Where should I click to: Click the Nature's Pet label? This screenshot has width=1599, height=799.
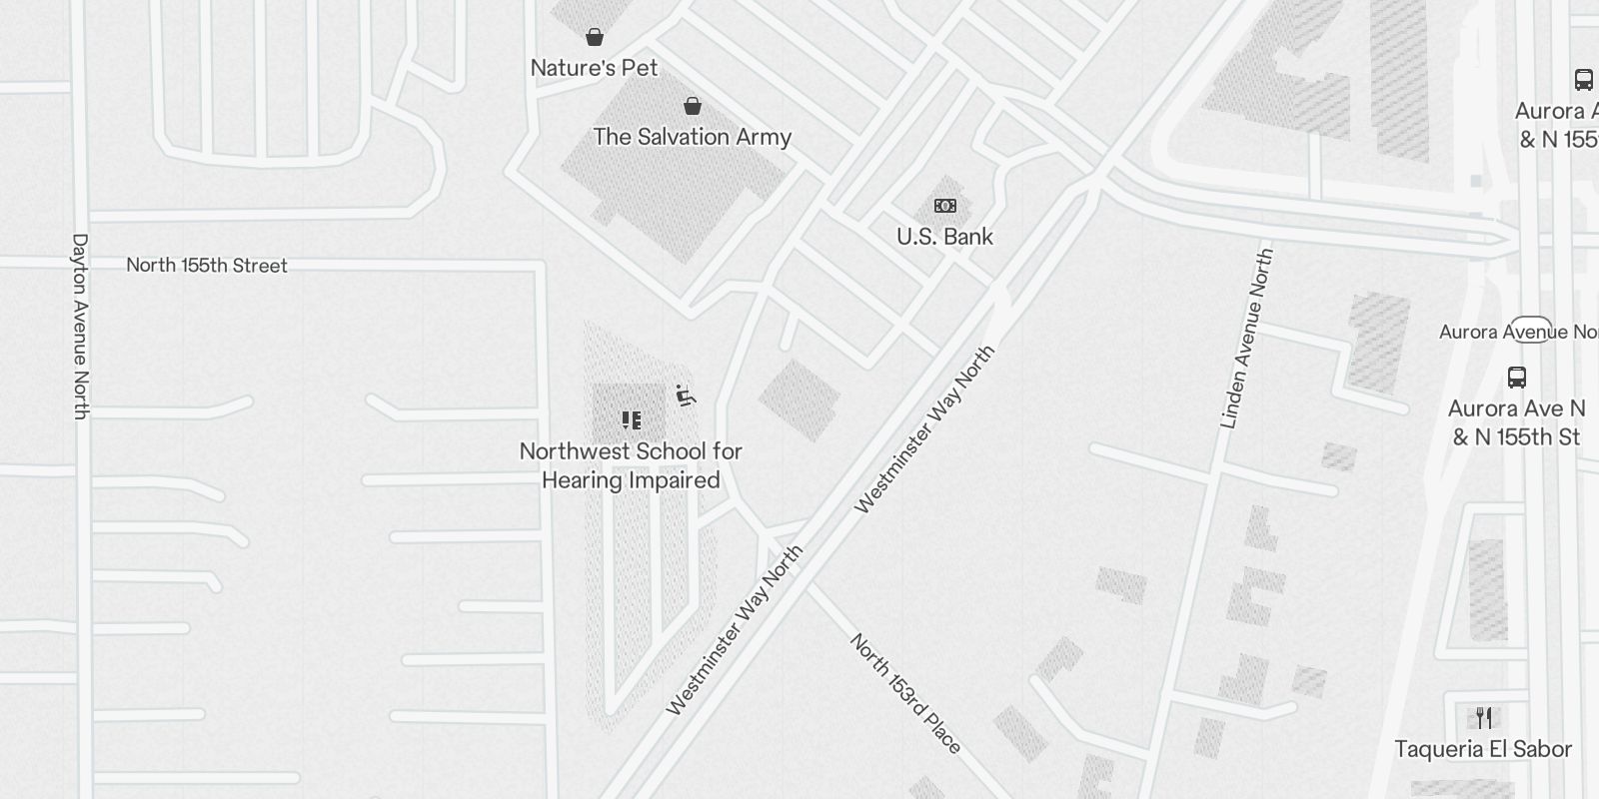tap(594, 68)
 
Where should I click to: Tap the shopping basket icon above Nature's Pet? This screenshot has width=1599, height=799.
tap(595, 38)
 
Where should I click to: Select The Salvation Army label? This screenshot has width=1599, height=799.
tap(692, 137)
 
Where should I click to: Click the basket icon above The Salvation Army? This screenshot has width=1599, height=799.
tap(693, 106)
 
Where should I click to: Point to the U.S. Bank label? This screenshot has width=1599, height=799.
tap(944, 237)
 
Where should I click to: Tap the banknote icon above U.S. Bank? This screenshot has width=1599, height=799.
tap(944, 206)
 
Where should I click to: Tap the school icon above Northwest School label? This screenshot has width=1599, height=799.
tap(631, 419)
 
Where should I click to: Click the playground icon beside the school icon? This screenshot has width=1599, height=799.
tap(685, 397)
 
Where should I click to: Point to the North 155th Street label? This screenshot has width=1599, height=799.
tap(207, 266)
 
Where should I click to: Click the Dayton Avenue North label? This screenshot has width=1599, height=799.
tap(81, 326)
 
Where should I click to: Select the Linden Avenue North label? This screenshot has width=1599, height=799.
tap(1247, 340)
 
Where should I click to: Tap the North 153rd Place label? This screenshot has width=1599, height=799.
tap(905, 693)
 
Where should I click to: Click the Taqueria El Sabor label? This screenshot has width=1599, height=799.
tap(1483, 749)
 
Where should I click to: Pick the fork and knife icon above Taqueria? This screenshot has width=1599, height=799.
tap(1484, 718)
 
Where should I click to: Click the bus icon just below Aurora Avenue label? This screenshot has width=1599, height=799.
tap(1516, 378)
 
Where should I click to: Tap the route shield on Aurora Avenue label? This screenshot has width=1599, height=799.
tap(1530, 331)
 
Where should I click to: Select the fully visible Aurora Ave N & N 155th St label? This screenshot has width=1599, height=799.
tap(1516, 422)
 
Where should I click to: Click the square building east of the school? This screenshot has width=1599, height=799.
tap(799, 399)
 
